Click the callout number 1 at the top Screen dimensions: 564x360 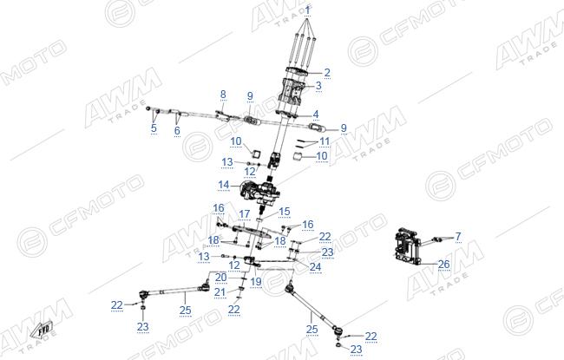[x=307, y=10]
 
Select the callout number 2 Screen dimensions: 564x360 [x=327, y=72]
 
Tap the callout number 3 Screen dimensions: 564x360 [x=318, y=86]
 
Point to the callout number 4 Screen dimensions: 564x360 [x=316, y=115]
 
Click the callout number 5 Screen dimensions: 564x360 [x=154, y=128]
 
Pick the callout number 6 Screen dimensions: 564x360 [x=177, y=130]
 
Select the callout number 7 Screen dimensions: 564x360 [x=458, y=236]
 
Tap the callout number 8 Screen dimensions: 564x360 [x=223, y=95]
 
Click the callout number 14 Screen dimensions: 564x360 [x=223, y=185]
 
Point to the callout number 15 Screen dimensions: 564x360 [x=284, y=212]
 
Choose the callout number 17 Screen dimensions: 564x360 [x=244, y=214]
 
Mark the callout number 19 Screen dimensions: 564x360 [x=256, y=281]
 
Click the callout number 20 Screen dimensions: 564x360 [x=221, y=278]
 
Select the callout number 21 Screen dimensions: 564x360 [x=220, y=292]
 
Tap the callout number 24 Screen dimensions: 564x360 [x=316, y=266]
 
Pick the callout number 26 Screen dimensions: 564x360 [x=444, y=265]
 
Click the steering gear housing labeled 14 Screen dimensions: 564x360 [x=259, y=189]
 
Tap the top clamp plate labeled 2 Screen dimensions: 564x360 [x=298, y=71]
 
